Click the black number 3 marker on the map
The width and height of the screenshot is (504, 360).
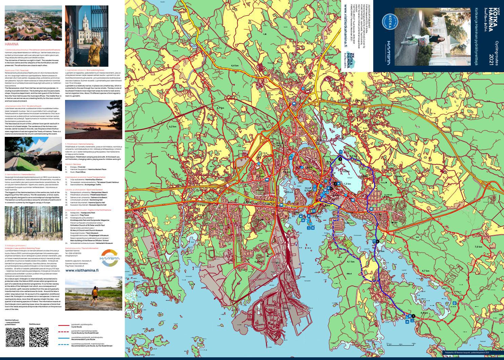[340, 159]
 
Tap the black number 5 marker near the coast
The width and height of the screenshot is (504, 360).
[413, 314]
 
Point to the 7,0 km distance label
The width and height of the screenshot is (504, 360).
[478, 247]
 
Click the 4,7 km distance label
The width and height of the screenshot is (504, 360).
[425, 271]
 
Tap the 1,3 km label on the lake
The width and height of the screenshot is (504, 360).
[347, 184]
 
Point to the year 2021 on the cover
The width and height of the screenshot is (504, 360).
[491, 59]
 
